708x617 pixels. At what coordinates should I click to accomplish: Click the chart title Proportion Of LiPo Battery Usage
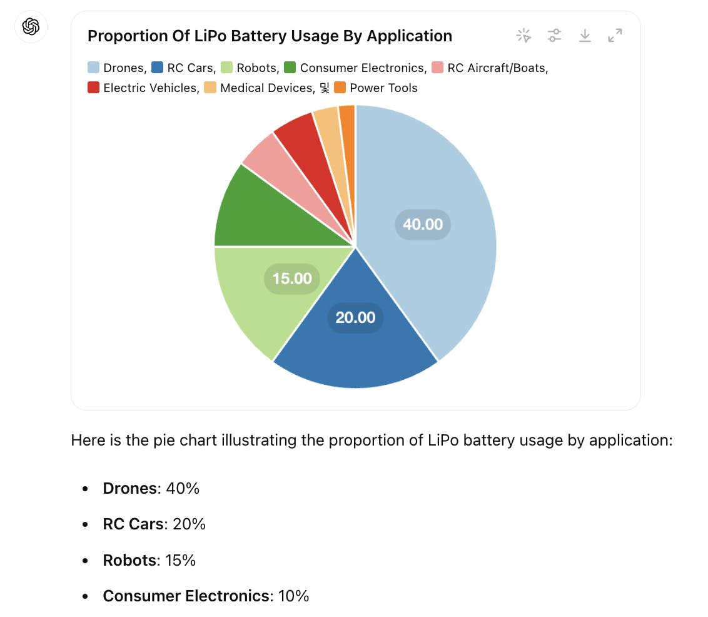[270, 36]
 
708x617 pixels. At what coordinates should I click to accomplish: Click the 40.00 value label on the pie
[423, 224]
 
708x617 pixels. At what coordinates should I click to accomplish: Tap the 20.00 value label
[355, 317]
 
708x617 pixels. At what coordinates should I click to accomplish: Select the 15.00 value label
[292, 278]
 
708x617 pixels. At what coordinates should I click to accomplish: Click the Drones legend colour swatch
[94, 68]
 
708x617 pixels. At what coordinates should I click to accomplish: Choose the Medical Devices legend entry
[265, 88]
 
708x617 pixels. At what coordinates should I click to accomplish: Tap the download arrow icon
[585, 36]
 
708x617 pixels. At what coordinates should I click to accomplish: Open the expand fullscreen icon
[615, 36]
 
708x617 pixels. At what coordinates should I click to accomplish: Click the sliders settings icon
[554, 36]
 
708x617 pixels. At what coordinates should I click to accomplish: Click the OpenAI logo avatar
[31, 26]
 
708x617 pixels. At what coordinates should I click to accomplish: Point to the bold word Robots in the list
[129, 560]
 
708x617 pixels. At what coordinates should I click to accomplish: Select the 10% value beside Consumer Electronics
[294, 596]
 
